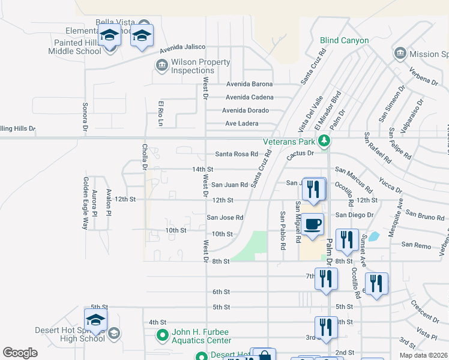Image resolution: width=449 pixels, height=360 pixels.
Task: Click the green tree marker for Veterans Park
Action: [324, 142]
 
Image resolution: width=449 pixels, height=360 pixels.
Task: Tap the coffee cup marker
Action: [313, 224]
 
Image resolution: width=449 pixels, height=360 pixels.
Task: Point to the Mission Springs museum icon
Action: [400, 54]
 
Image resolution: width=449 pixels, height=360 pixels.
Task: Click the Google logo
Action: [20, 353]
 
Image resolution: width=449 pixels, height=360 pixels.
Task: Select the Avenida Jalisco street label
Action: [182, 47]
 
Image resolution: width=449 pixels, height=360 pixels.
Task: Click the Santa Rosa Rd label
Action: [237, 154]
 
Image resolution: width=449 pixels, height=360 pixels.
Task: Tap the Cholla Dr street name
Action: [145, 157]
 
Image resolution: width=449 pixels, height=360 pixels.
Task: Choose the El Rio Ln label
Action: [161, 113]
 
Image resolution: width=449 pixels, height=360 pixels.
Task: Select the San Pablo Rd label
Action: [282, 230]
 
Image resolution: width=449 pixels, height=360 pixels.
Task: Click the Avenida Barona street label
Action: [249, 84]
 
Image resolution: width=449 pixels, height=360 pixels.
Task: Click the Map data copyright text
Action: [423, 355]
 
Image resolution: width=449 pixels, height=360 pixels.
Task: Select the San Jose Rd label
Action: [225, 217]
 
